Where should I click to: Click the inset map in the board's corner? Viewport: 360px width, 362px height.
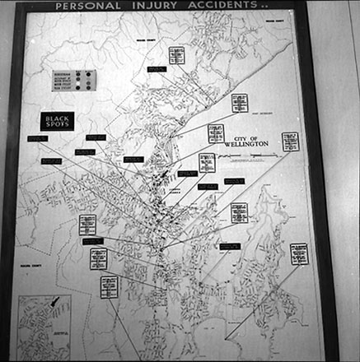44,324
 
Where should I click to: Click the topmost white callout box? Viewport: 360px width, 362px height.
176,55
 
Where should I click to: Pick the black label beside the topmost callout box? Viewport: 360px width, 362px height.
157,69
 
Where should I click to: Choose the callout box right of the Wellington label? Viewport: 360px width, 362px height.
290,142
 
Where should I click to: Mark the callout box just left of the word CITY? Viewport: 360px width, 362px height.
216,133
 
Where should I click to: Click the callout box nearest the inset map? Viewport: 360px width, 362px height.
109,287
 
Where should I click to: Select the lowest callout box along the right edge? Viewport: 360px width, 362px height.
300,253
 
